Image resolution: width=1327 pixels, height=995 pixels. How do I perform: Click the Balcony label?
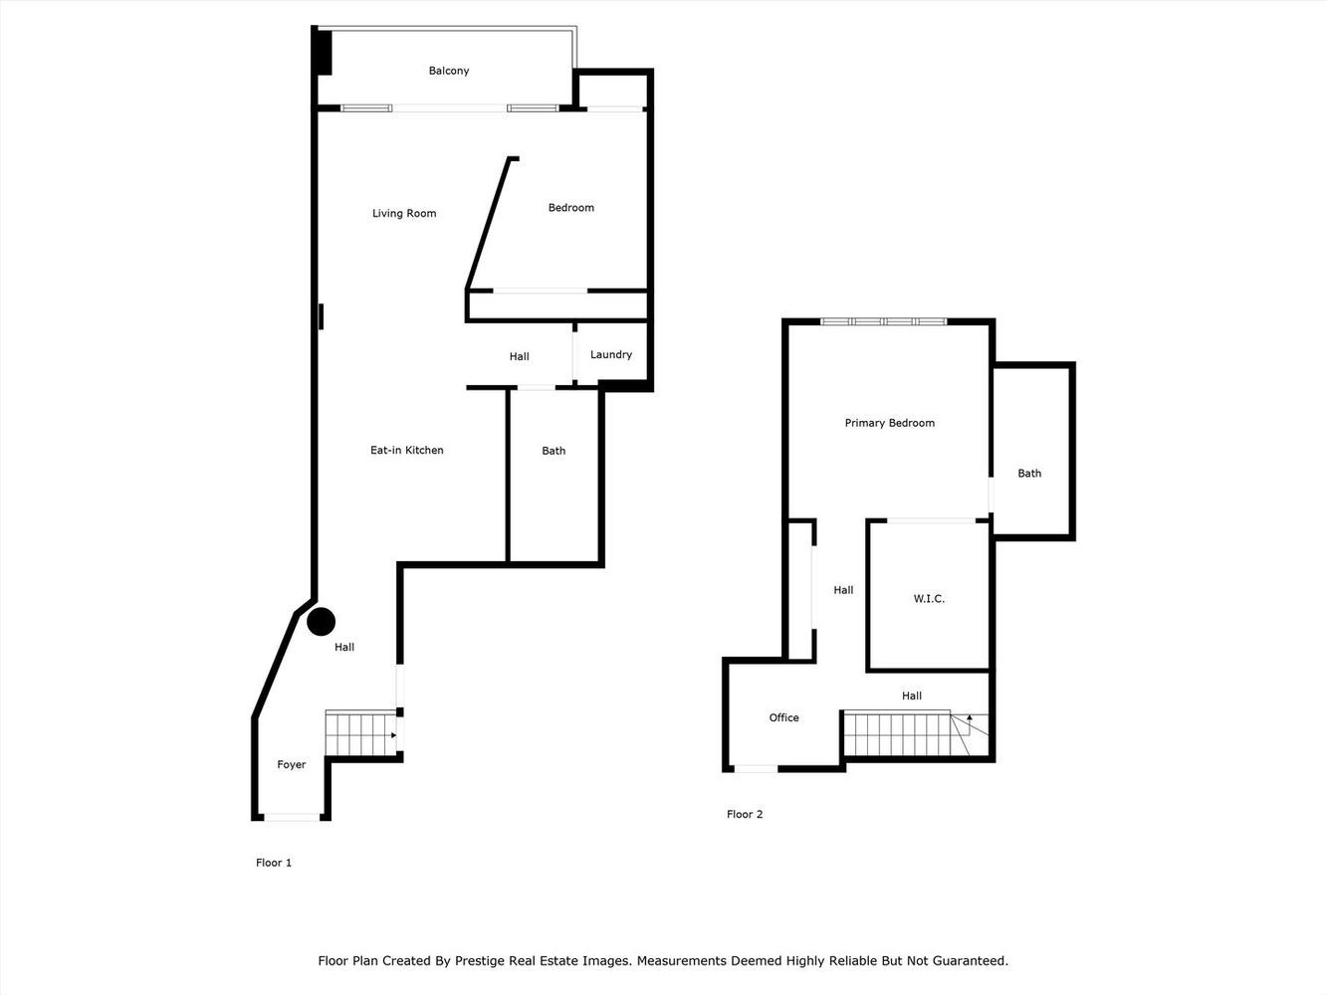tap(448, 71)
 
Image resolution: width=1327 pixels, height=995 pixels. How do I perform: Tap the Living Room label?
tap(404, 213)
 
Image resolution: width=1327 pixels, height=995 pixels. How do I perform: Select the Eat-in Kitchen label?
tap(406, 450)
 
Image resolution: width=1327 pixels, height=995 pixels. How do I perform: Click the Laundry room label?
tap(610, 354)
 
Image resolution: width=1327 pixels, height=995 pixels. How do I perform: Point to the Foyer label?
tap(291, 764)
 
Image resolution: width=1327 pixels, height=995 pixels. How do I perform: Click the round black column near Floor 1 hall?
tap(321, 622)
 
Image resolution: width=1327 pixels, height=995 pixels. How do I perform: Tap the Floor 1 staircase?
tap(360, 734)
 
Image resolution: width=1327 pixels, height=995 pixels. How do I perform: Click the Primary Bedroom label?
tap(889, 423)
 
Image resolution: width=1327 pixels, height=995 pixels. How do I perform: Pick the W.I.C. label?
tap(928, 598)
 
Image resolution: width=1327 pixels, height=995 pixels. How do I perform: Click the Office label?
tap(783, 717)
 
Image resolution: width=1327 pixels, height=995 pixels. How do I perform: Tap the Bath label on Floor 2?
tap(1028, 474)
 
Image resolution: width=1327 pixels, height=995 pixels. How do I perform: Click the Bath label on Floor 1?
tap(553, 451)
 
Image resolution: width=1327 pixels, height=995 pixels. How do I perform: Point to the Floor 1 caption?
tap(274, 863)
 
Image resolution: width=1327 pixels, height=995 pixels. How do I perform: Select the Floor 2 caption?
tap(745, 814)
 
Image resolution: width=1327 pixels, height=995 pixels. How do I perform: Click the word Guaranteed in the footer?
tap(966, 961)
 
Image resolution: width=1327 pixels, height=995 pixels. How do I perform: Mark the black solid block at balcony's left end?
tap(323, 52)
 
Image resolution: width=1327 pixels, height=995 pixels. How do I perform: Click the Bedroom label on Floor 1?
tap(570, 208)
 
